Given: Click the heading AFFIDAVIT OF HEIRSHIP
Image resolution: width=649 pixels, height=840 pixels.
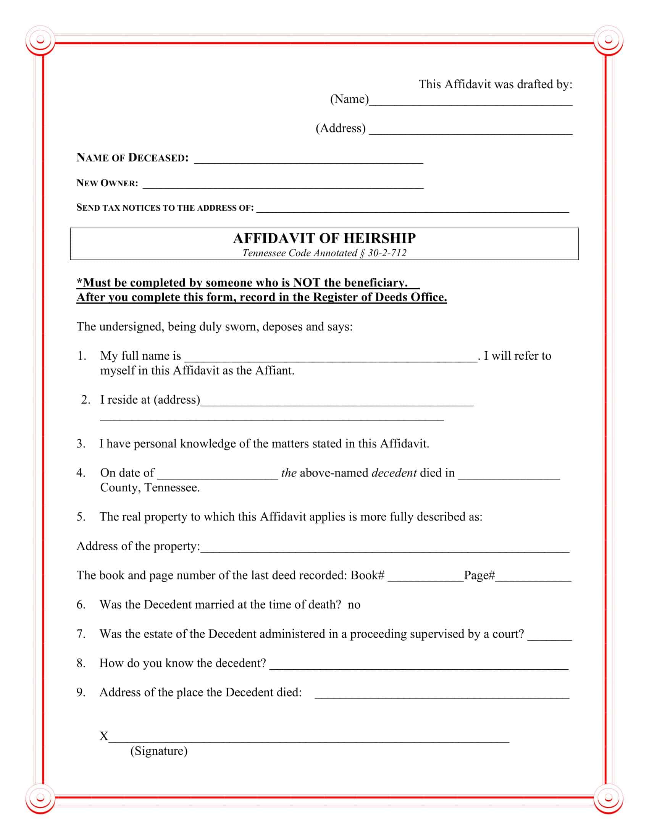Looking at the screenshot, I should pos(324,239).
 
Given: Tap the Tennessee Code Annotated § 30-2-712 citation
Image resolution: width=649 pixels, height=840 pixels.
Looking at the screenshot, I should pos(324,253).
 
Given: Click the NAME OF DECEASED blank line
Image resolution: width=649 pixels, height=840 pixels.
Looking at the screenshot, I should pos(308,160).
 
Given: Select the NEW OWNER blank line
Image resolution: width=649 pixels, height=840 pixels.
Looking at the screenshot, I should pos(283,185).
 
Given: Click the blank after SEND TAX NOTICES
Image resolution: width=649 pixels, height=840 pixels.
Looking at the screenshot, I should pos(413,209).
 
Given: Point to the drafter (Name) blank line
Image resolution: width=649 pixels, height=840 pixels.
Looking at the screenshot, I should pos(471,102).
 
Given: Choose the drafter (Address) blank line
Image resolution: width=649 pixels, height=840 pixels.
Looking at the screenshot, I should pos(471,131).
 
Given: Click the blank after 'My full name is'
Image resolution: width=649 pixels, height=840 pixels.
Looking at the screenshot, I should pos(331,358).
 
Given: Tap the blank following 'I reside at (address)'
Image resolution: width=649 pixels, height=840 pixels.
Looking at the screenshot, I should pos(337,402).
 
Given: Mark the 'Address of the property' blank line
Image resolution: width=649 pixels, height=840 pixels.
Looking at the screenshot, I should pos(384,549).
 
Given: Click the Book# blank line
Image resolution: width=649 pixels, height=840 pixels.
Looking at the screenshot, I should pos(426,578).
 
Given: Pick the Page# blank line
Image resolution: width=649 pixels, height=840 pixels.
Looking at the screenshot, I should pos(533,578).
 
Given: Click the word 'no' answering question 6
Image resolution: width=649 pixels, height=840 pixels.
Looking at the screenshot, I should pos(354,605).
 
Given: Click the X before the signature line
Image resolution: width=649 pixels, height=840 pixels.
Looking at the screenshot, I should pos(104,736).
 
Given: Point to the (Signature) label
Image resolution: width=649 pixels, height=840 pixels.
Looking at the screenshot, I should pos(159,751).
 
